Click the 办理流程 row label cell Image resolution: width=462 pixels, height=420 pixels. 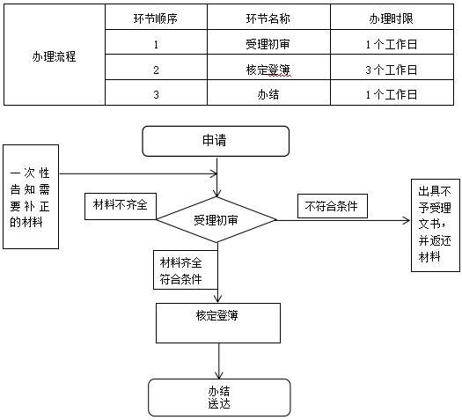tap(54, 55)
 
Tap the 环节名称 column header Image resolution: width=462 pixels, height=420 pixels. tap(268, 18)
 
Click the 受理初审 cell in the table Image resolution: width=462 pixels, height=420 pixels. tap(268, 43)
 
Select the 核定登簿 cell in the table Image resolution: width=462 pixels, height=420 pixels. tap(268, 69)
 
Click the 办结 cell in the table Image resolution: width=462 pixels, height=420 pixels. tap(268, 94)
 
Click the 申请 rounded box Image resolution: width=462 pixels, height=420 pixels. tap(216, 141)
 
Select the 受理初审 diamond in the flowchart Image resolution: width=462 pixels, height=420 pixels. tap(216, 219)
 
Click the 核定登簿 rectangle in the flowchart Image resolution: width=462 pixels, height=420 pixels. tap(218, 322)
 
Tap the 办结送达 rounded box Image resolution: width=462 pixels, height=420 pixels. tap(218, 397)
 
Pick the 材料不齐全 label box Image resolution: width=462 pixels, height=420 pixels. tap(121, 205)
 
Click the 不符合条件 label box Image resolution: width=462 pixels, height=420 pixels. tap(333, 205)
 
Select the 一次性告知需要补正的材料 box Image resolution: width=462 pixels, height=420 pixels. tap(30, 197)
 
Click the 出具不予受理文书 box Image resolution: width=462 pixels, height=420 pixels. tap(435, 224)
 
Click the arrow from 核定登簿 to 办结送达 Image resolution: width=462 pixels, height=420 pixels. tap(218, 360)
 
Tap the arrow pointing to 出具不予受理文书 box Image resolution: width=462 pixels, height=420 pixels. tap(352, 220)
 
